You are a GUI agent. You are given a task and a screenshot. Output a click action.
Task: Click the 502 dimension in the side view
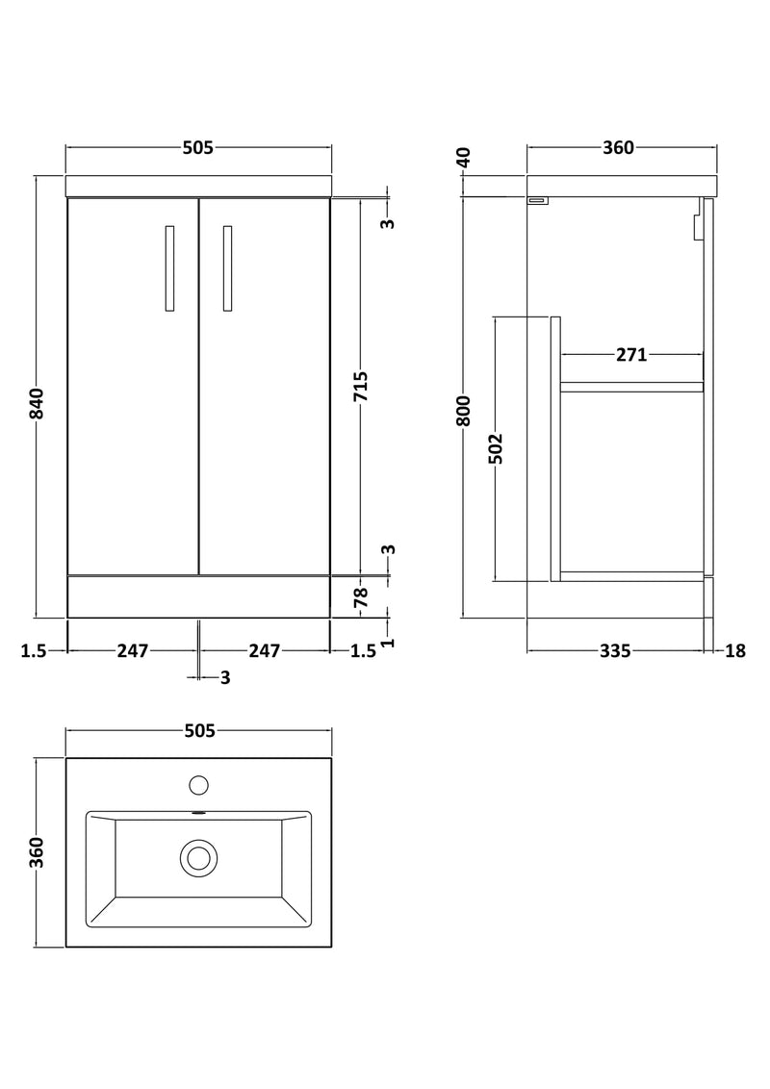tap(496, 448)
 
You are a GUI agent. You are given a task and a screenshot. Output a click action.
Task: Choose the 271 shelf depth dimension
tap(630, 355)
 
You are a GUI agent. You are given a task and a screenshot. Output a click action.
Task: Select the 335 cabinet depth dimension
tap(614, 651)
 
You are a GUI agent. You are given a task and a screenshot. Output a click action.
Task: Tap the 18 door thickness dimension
tap(735, 651)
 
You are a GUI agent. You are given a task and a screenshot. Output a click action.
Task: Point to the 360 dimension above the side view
tap(618, 147)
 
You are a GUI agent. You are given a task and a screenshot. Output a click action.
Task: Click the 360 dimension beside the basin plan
tap(38, 852)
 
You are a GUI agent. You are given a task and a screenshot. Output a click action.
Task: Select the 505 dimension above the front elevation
tap(197, 147)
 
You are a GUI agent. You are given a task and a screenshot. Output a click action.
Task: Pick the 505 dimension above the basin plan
tap(197, 731)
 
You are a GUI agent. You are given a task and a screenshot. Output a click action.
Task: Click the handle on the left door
tap(170, 269)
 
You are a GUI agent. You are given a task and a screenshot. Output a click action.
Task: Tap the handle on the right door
tap(227, 269)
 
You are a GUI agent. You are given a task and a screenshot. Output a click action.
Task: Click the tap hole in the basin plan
tap(199, 785)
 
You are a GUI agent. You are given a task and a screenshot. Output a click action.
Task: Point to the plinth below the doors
tap(198, 596)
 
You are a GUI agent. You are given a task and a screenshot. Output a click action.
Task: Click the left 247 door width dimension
tap(132, 651)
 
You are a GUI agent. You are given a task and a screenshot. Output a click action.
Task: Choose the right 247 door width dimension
tap(264, 651)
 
